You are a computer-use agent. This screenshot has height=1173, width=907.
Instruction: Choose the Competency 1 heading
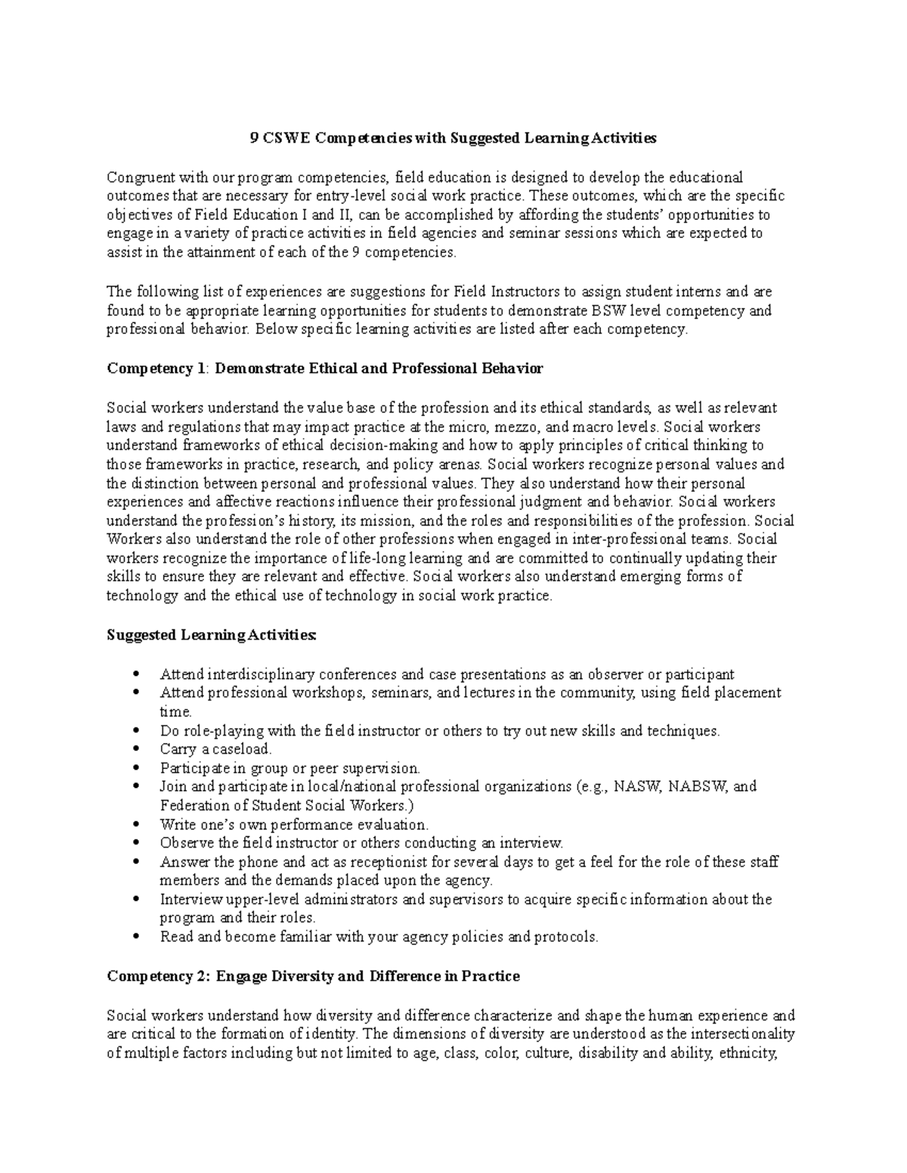coord(325,369)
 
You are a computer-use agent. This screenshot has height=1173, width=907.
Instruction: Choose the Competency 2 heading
coord(313,977)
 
